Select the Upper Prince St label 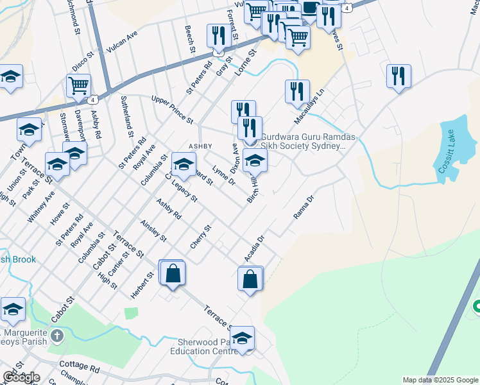point(171,108)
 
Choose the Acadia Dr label point(254,248)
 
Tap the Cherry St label point(200,237)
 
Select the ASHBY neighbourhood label point(200,146)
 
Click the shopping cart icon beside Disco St point(78,85)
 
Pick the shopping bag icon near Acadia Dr point(250,279)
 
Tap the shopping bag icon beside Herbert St point(173,273)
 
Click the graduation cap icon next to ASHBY point(184,164)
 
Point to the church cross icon point(56,336)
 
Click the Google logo point(21,377)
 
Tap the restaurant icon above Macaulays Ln point(297,91)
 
